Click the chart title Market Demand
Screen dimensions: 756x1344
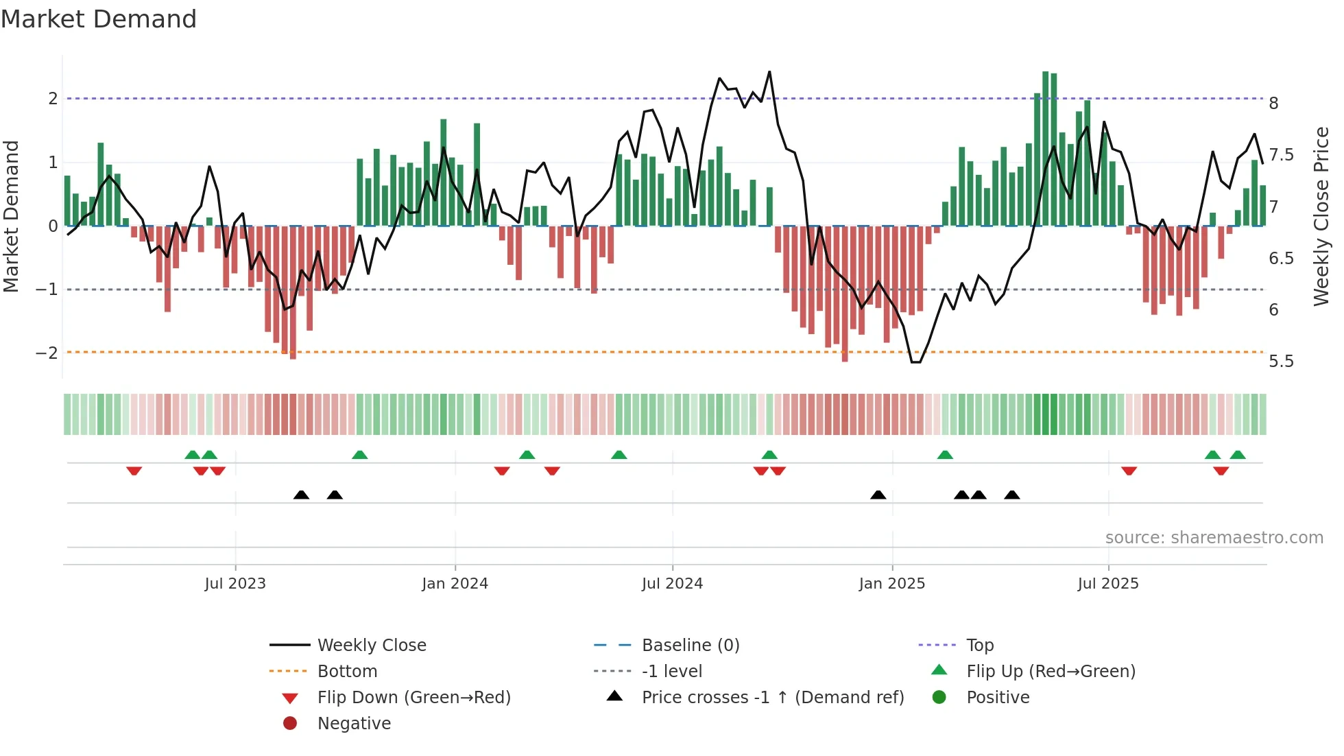(99, 19)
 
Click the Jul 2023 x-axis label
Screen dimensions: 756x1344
(235, 584)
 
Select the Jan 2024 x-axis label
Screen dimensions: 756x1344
(455, 584)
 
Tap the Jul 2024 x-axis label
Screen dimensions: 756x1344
(672, 584)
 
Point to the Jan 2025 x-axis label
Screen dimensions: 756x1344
(891, 584)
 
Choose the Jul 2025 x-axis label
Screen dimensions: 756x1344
(1108, 584)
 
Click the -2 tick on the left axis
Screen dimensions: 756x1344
(47, 353)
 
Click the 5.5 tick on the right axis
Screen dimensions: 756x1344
(1281, 362)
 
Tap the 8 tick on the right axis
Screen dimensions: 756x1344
(1273, 104)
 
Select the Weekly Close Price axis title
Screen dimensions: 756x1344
(1321, 216)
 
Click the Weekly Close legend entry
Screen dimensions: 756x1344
(371, 646)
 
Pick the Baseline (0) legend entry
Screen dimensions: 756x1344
(690, 646)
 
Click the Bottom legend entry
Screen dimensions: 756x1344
(347, 672)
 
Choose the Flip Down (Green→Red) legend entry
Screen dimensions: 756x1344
(413, 698)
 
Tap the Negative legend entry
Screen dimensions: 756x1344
(354, 724)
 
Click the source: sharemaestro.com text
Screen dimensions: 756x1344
(1214, 538)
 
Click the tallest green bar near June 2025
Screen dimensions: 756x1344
(1045, 148)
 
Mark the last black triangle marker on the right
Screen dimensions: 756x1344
(1011, 495)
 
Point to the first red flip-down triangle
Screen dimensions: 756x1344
(134, 471)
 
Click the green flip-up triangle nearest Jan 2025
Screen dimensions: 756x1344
(945, 455)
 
